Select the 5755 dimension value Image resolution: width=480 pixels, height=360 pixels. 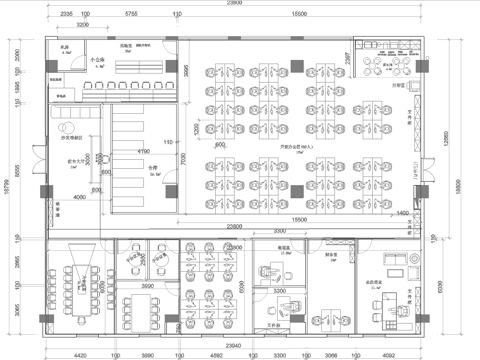click(131, 15)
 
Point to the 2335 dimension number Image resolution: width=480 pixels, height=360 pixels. click(65, 15)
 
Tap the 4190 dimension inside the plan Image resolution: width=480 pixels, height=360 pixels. click(143, 152)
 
